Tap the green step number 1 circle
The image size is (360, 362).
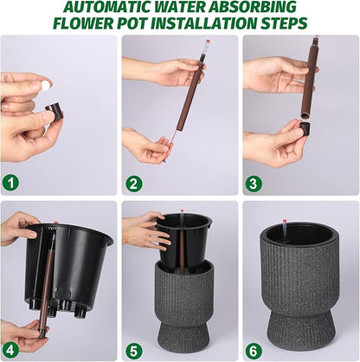(x=10, y=183)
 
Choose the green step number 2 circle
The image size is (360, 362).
(x=132, y=183)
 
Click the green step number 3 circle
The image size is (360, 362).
(x=253, y=183)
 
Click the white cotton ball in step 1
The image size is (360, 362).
(x=46, y=85)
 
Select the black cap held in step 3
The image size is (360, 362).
(x=305, y=130)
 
